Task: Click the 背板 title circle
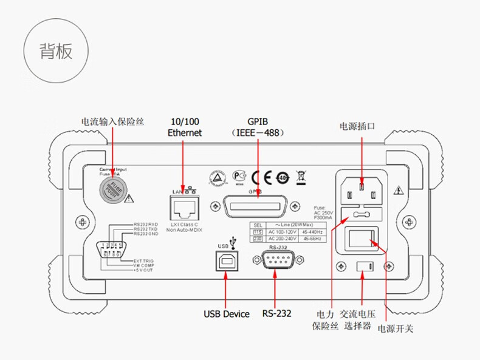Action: click(56, 51)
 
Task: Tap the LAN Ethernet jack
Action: click(184, 210)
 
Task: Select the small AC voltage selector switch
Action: click(363, 266)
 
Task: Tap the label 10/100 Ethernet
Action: click(184, 126)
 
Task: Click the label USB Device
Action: click(226, 314)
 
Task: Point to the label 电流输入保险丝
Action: click(112, 121)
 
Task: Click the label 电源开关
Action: click(395, 329)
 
